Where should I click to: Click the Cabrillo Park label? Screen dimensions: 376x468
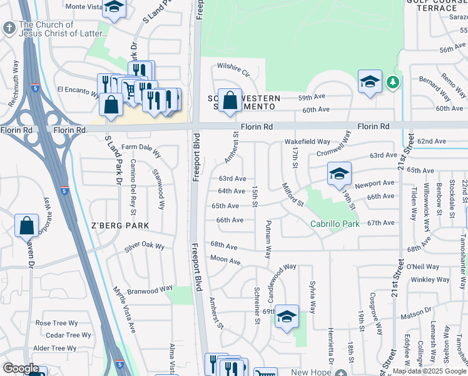335,224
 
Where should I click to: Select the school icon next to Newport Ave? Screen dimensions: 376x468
339,174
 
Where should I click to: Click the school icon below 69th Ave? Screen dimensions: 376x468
287,317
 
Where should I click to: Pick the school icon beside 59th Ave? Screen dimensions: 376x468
370,81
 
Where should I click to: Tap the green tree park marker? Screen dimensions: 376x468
392,82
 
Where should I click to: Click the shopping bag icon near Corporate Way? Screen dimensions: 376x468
27,226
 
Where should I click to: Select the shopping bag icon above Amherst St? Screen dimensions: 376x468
230,100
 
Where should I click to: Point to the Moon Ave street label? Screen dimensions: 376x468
225,259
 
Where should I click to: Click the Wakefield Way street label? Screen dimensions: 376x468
307,142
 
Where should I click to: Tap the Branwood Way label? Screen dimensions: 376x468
150,289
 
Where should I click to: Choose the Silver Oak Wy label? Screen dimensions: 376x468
143,246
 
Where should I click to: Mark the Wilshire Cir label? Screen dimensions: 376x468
233,66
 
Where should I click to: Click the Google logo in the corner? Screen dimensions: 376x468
21,368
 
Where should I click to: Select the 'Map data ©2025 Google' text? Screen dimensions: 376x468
429,371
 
